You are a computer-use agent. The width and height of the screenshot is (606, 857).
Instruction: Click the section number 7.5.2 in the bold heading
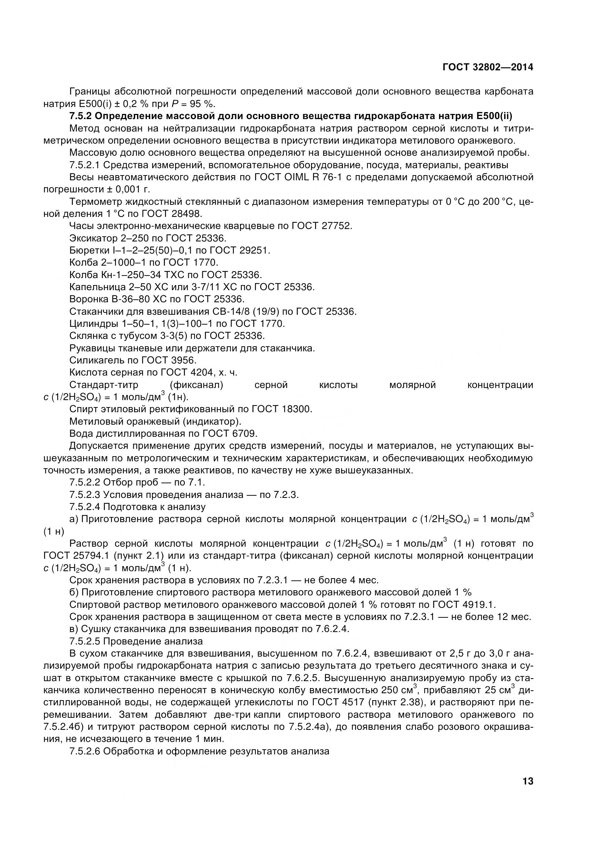click(80, 116)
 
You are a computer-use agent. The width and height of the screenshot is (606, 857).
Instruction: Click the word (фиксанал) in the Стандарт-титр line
click(196, 385)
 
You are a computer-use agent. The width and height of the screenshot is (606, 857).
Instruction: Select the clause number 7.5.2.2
click(85, 483)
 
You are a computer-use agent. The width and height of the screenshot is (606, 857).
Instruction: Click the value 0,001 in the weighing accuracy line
click(128, 189)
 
